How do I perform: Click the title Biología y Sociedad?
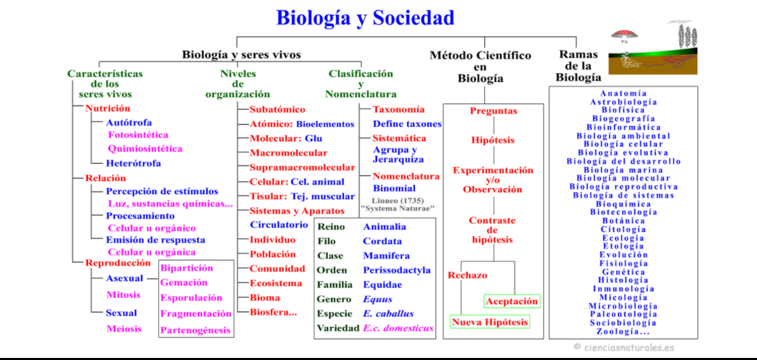coord(365,18)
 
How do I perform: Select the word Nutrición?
coord(108,108)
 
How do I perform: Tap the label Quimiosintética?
coord(145,149)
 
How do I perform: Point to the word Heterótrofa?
coord(133,164)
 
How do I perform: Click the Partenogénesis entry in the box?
coord(196,330)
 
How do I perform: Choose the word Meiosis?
coord(124,329)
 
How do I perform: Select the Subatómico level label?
coord(278,109)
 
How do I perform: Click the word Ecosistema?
coord(276,284)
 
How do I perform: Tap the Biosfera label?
coord(273,312)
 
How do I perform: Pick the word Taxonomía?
coord(399,109)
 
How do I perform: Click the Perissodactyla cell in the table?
coord(397,270)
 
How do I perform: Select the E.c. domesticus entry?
coord(398,328)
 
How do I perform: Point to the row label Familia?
coord(334,285)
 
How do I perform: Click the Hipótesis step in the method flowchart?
coord(493,140)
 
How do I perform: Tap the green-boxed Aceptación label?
coord(512,301)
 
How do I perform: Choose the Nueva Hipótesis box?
coord(490,322)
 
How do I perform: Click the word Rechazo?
coord(467,275)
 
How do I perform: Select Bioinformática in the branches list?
coord(623,127)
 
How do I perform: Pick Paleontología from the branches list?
coord(623,315)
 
